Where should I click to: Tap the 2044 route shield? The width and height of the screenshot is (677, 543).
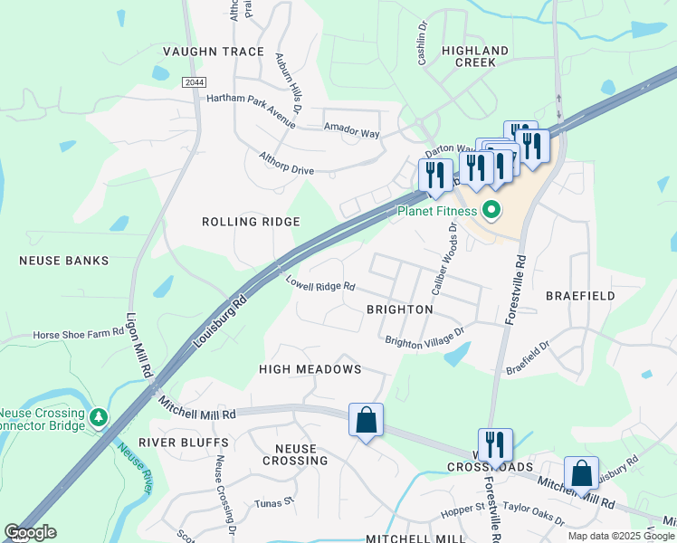coord(193,82)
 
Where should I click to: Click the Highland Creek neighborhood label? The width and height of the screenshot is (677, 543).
coord(475,56)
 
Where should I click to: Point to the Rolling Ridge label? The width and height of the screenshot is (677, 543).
coord(251,222)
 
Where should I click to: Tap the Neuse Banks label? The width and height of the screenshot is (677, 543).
coord(64,261)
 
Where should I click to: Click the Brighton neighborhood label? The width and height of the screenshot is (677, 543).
coord(399,310)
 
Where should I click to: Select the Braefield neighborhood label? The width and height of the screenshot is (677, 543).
coord(580,296)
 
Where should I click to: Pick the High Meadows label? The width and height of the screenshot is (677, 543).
coord(310,369)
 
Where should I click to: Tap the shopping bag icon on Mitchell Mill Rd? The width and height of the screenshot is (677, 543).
coord(366,421)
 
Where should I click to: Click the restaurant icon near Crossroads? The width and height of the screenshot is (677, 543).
coord(495,445)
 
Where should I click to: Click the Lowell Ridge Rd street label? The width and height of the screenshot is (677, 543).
coord(320,286)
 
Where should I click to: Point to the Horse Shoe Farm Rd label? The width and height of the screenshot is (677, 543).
coord(77,335)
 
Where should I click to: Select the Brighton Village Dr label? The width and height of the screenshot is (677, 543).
coord(424,337)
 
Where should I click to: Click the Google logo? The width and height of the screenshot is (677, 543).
coord(30,532)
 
